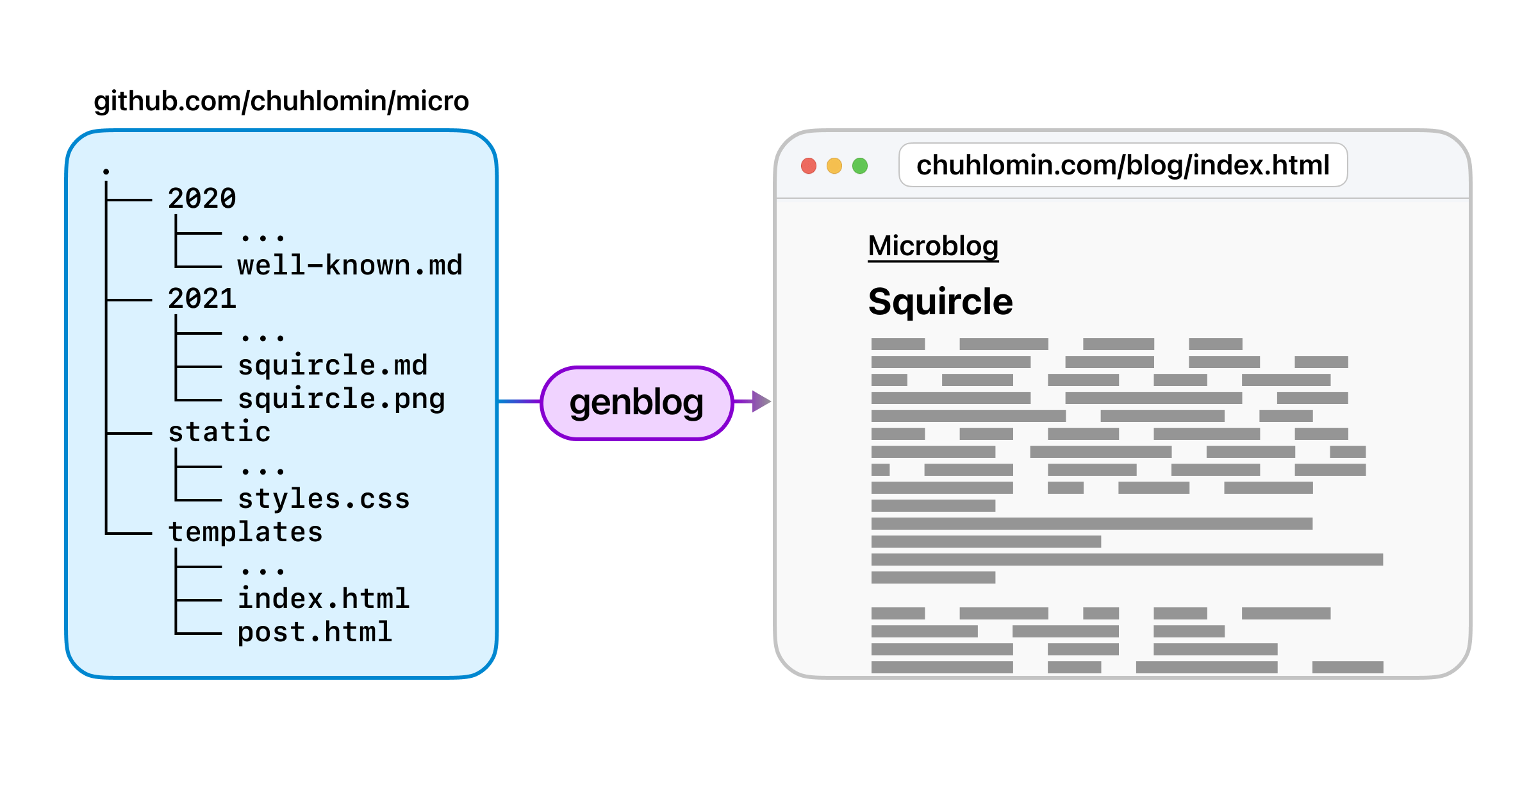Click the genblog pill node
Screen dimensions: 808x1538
(636, 403)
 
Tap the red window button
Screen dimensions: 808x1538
(809, 166)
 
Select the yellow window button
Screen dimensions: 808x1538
(834, 166)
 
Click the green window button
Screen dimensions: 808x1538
(860, 166)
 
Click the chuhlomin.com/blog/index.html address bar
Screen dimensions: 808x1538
(1123, 165)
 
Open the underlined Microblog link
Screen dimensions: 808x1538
(933, 246)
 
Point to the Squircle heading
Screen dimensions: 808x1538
(940, 301)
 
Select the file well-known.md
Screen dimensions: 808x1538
(350, 265)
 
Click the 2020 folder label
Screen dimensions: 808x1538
(202, 199)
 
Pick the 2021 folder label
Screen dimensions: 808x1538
(202, 299)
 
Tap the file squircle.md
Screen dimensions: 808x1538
(333, 366)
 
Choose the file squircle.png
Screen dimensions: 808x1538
(341, 399)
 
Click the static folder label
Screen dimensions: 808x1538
(219, 432)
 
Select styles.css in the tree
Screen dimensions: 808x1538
(324, 499)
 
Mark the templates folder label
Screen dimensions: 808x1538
(245, 532)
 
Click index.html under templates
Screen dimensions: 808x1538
(324, 599)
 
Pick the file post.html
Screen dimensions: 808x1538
(315, 632)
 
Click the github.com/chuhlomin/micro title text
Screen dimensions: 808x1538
(281, 101)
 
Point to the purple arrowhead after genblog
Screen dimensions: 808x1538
(761, 401)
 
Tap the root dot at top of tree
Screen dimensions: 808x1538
(106, 171)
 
